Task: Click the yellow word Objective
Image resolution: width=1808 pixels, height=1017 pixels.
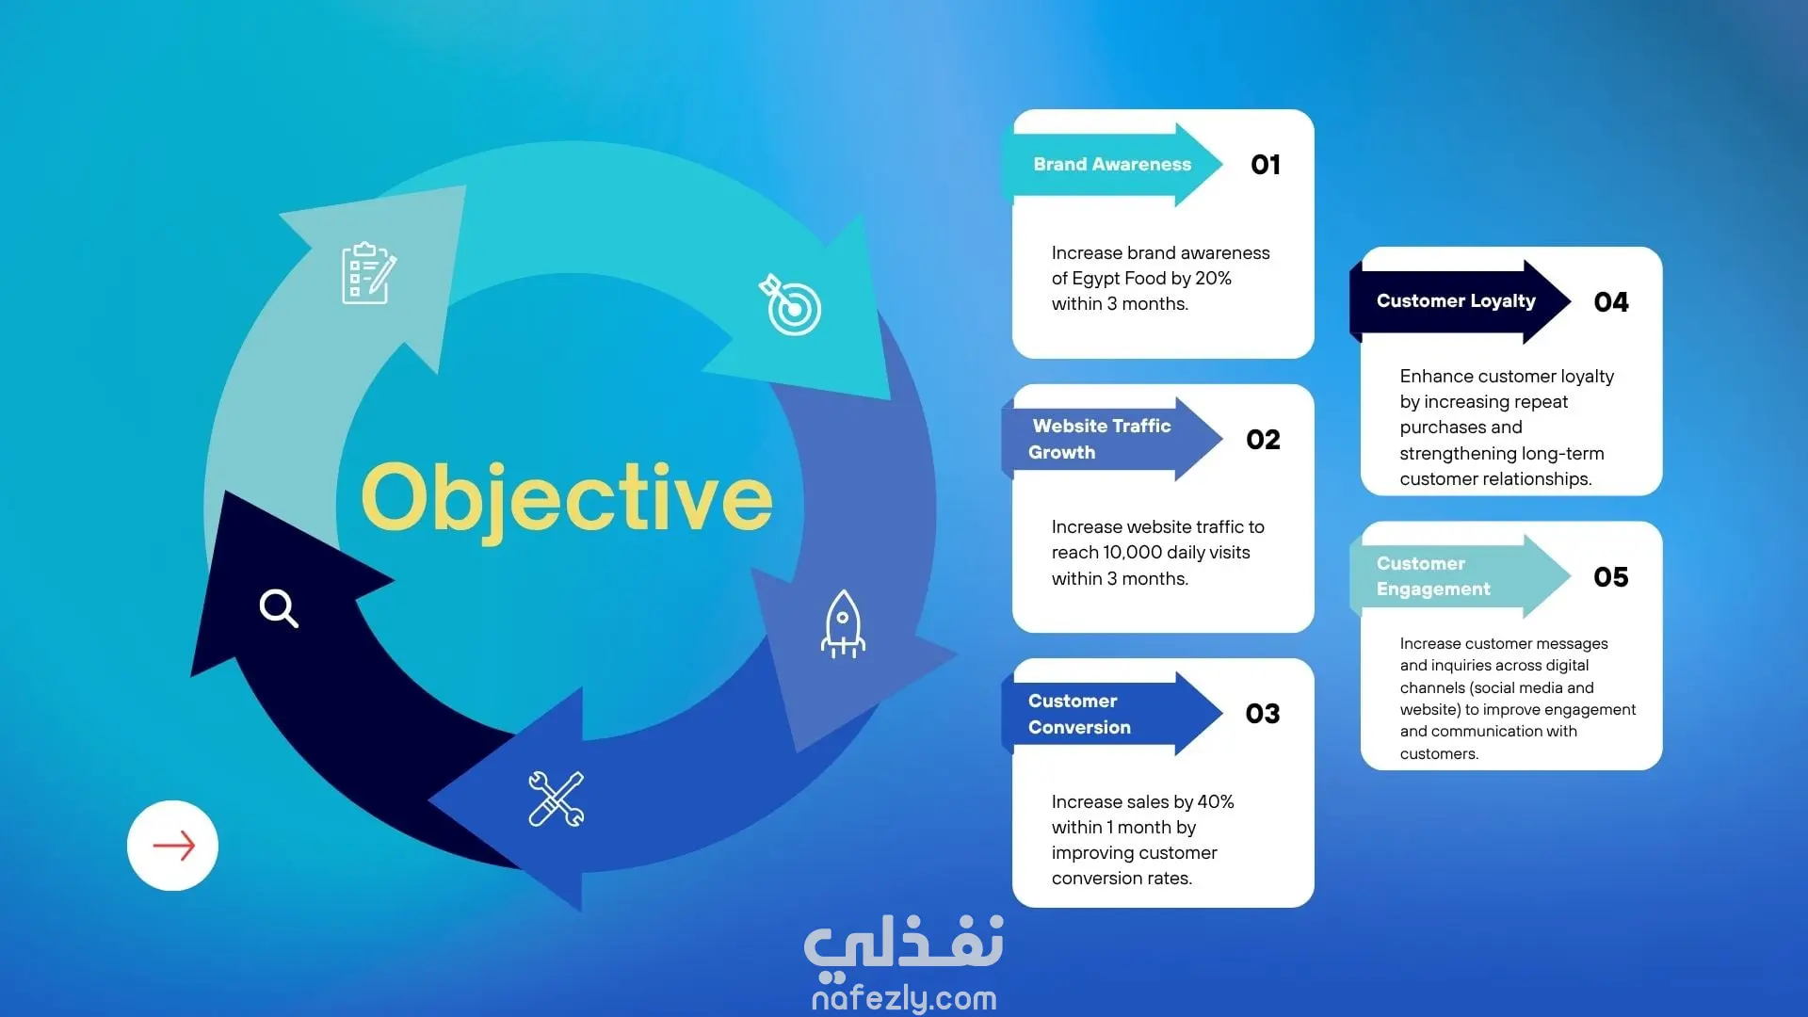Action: click(x=567, y=499)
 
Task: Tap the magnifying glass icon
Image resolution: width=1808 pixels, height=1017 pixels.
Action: click(x=279, y=608)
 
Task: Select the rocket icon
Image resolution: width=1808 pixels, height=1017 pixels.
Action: click(x=843, y=623)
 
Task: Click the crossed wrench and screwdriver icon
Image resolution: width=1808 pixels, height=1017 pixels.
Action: click(x=557, y=799)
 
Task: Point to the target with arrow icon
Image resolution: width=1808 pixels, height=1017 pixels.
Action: click(x=791, y=304)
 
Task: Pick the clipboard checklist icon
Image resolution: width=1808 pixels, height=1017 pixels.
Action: click(x=368, y=274)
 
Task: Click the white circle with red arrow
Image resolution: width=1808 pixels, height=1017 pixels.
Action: click(x=172, y=846)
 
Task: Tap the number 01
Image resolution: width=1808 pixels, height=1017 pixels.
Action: click(x=1266, y=165)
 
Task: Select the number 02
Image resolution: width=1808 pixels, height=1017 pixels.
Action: click(x=1263, y=440)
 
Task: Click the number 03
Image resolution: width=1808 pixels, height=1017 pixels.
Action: click(x=1263, y=714)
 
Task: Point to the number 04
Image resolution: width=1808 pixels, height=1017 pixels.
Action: click(x=1611, y=302)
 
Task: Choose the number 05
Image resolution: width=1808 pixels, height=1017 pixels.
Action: click(x=1611, y=577)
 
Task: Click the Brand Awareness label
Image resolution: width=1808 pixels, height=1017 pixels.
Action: click(x=1112, y=164)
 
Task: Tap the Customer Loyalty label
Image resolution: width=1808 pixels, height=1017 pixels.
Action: click(x=1456, y=301)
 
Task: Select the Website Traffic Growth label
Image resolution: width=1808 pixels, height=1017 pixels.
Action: click(x=1100, y=439)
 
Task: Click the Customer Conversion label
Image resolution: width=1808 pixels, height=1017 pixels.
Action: click(x=1079, y=714)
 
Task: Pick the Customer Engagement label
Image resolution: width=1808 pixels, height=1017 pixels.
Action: click(x=1433, y=576)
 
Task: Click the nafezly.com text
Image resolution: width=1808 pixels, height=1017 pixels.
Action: click(x=904, y=997)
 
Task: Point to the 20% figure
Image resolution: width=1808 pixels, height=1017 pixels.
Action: click(x=1213, y=279)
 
